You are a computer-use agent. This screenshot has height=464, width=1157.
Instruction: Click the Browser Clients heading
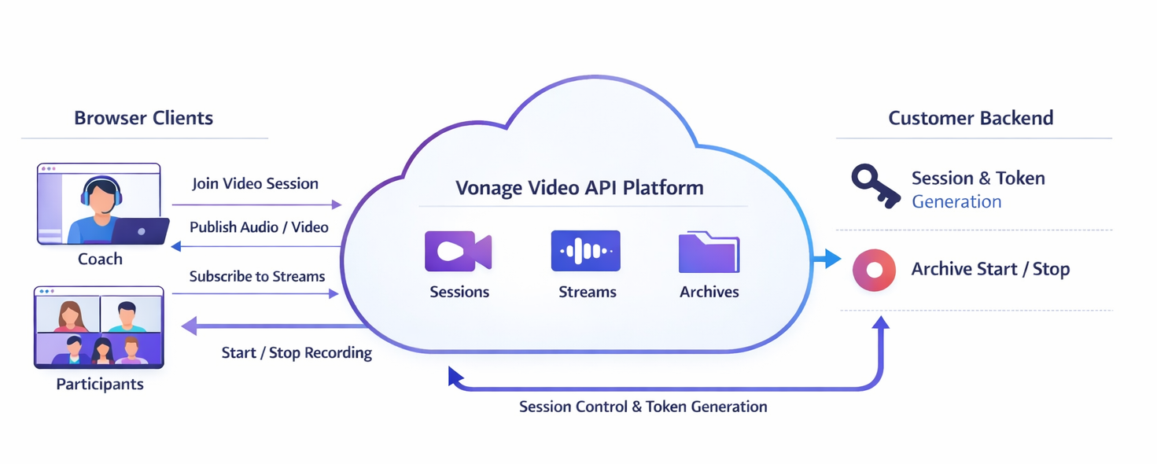click(143, 118)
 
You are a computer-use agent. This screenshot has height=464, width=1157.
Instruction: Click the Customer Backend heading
click(971, 118)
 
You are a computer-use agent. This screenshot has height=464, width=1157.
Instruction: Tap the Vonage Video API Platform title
click(580, 188)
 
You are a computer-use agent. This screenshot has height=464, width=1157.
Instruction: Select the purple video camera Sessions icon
click(458, 252)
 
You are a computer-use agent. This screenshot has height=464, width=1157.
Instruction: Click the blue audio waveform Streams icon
click(585, 252)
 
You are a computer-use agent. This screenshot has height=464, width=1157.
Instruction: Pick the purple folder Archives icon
click(709, 252)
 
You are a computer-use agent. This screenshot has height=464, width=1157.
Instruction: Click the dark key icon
click(875, 186)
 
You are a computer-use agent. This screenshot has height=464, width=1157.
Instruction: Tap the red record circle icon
click(874, 270)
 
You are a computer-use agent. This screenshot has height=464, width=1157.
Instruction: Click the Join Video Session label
click(255, 183)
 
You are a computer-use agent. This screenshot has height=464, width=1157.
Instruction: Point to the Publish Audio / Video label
click(259, 226)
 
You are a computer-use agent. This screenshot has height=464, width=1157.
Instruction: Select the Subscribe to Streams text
click(256, 276)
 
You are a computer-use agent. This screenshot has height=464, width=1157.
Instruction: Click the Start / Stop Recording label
click(297, 352)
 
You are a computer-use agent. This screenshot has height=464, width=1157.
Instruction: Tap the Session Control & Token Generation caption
click(643, 407)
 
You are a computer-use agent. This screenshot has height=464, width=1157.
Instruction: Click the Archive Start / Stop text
click(990, 269)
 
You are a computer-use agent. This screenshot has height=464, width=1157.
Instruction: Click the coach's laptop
click(140, 231)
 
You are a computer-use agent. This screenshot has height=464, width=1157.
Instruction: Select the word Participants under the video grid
click(100, 385)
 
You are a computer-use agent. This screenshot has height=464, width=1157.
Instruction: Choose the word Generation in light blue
click(956, 201)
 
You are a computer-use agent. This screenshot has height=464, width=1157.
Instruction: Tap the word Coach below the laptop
click(100, 259)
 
